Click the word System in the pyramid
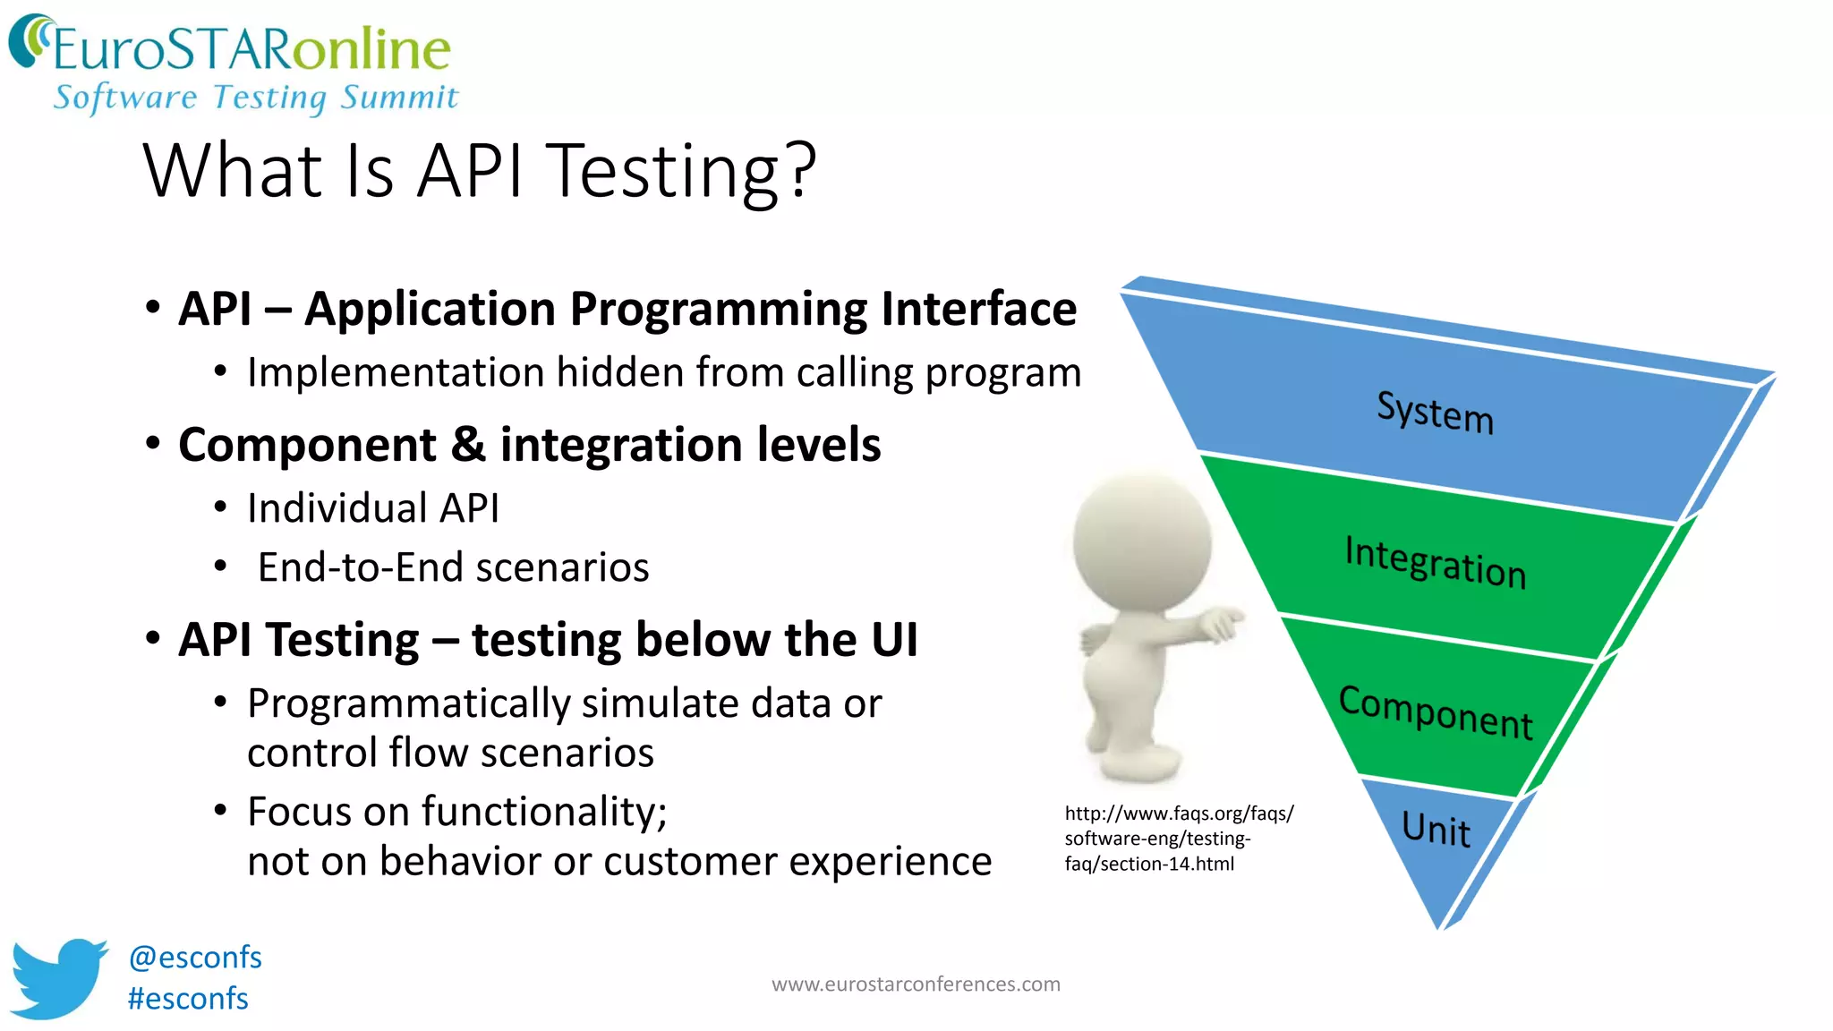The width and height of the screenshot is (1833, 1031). tap(1435, 413)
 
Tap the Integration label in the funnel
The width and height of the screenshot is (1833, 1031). tap(1435, 562)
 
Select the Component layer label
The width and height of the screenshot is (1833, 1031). tap(1435, 712)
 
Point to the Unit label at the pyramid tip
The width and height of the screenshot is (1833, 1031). tap(1436, 829)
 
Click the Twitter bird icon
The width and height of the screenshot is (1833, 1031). tap(57, 977)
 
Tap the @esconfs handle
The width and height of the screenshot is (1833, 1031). tap(195, 958)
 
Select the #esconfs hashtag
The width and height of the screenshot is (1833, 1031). tap(188, 999)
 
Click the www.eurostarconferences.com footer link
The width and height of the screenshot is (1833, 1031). tap(916, 984)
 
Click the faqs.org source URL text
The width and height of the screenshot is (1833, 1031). tap(1178, 839)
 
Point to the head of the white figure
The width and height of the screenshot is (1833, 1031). tap(1141, 542)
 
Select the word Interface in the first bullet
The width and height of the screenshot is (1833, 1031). tap(978, 310)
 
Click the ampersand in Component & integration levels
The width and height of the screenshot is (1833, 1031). tap(468, 445)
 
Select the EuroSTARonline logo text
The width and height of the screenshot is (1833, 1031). tap(251, 49)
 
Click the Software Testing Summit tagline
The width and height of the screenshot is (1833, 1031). tap(256, 97)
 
